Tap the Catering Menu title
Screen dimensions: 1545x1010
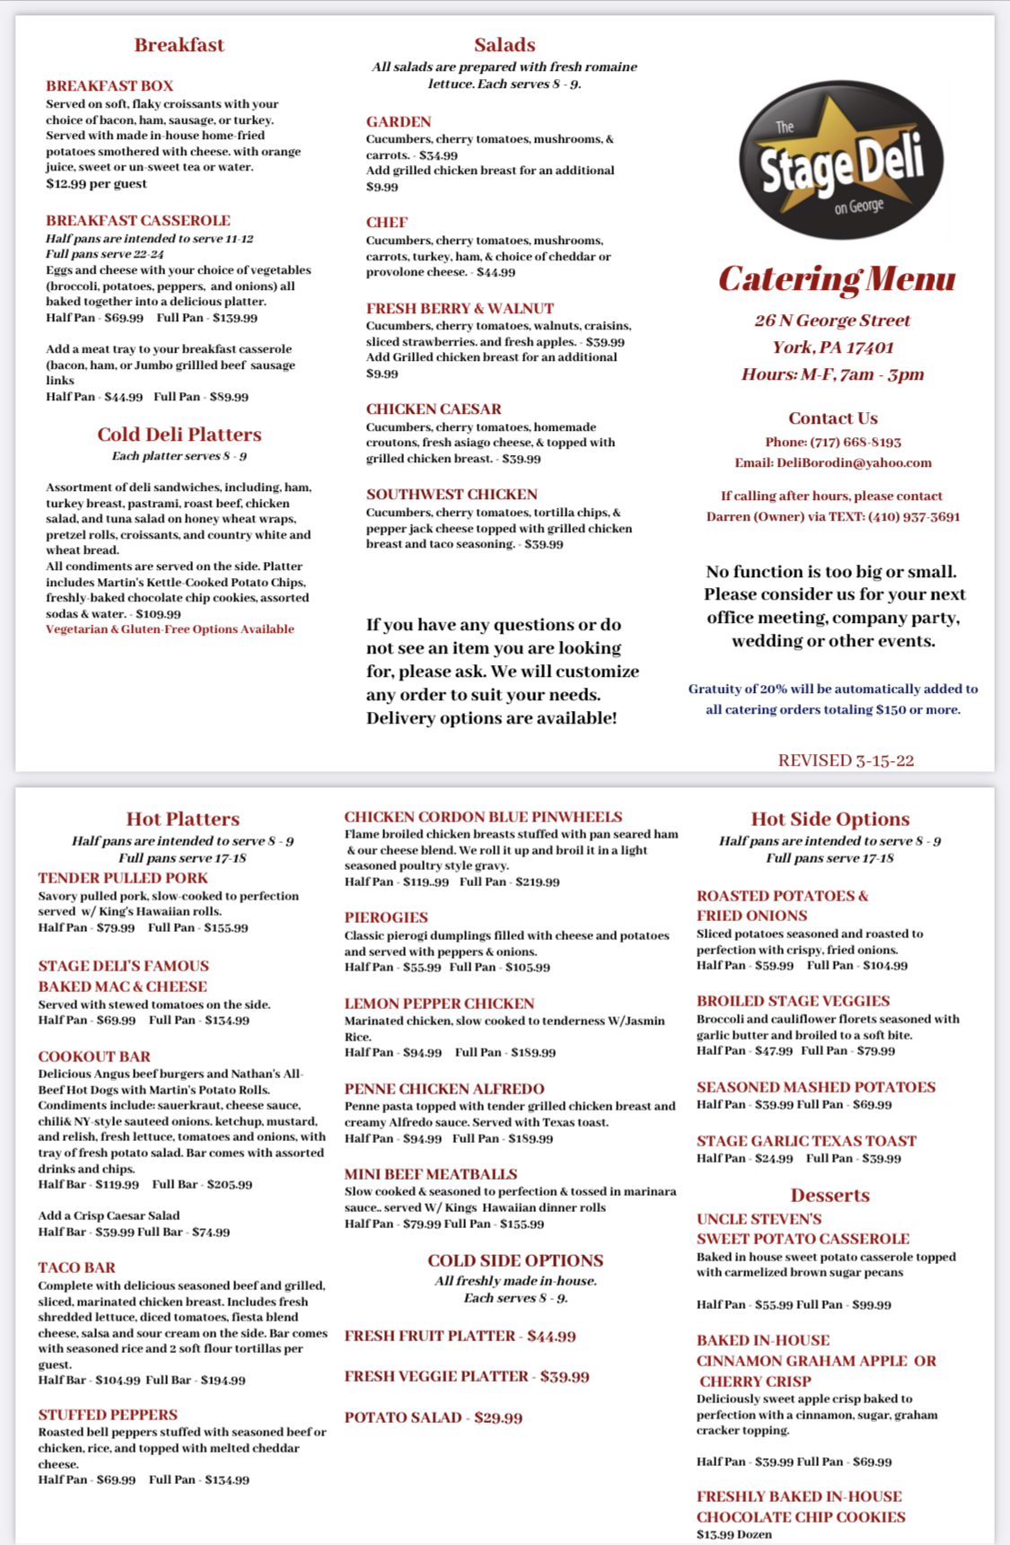837,279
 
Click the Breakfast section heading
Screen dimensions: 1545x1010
179,45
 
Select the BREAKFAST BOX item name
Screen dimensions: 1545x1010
110,86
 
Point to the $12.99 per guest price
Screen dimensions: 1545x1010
96,183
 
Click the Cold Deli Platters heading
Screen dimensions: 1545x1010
180,435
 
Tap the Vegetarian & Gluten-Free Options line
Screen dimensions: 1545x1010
170,629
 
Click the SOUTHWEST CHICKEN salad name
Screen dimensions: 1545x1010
452,495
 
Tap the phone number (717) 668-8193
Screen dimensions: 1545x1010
856,442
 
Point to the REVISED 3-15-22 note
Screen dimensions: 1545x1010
846,760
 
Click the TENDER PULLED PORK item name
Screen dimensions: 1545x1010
123,878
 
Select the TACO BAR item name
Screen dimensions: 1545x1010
76,1268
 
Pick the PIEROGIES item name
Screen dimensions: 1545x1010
386,917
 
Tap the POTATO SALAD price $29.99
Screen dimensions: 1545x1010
498,1418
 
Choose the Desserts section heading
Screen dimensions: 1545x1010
830,1195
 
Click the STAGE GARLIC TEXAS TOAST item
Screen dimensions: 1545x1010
806,1141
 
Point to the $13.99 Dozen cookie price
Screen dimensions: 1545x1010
733,1534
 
